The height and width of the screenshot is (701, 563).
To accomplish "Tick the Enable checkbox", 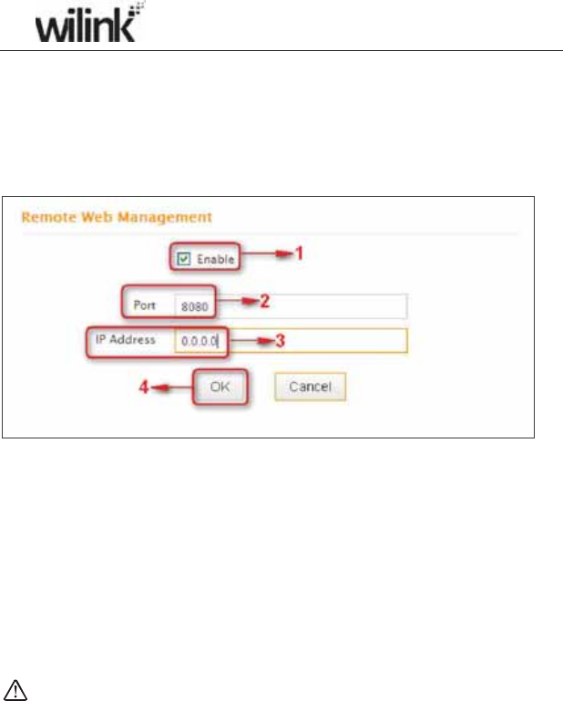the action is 182,259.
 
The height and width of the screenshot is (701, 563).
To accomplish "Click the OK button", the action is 220,387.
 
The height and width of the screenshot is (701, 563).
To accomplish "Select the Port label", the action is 144,306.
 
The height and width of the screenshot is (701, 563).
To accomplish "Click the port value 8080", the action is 194,307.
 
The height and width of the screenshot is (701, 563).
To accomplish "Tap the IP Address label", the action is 128,339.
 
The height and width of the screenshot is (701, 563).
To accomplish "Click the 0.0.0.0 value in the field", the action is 197,340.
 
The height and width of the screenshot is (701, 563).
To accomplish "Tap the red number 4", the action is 143,387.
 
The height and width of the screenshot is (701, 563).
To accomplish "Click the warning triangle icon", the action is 16,688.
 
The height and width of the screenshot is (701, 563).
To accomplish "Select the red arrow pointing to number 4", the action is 170,387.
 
